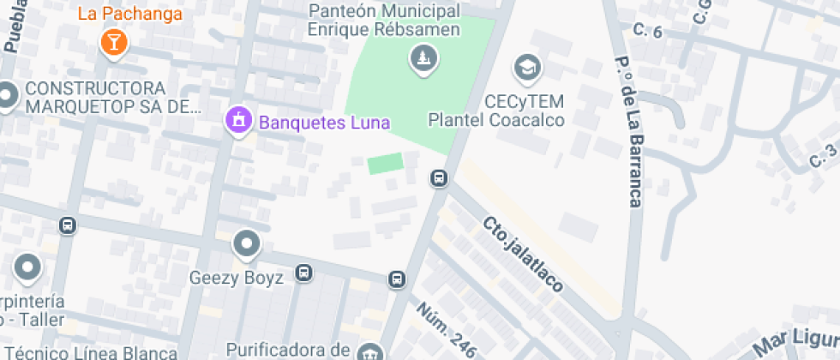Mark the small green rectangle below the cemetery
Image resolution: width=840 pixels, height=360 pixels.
tap(386, 163)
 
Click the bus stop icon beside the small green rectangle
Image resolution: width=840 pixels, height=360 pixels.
tap(439, 178)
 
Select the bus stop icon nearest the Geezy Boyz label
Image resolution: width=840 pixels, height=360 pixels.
tap(303, 273)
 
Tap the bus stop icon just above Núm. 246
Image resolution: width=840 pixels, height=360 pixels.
tap(396, 279)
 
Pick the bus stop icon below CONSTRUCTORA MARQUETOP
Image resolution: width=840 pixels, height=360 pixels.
tap(67, 226)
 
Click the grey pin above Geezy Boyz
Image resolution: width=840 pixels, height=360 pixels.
tap(247, 244)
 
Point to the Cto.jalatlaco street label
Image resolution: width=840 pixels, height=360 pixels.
tap(523, 253)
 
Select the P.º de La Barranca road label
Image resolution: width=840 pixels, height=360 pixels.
tap(628, 133)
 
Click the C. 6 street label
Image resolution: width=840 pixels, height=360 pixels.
tap(647, 32)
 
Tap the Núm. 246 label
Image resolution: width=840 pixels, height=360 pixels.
tap(447, 329)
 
